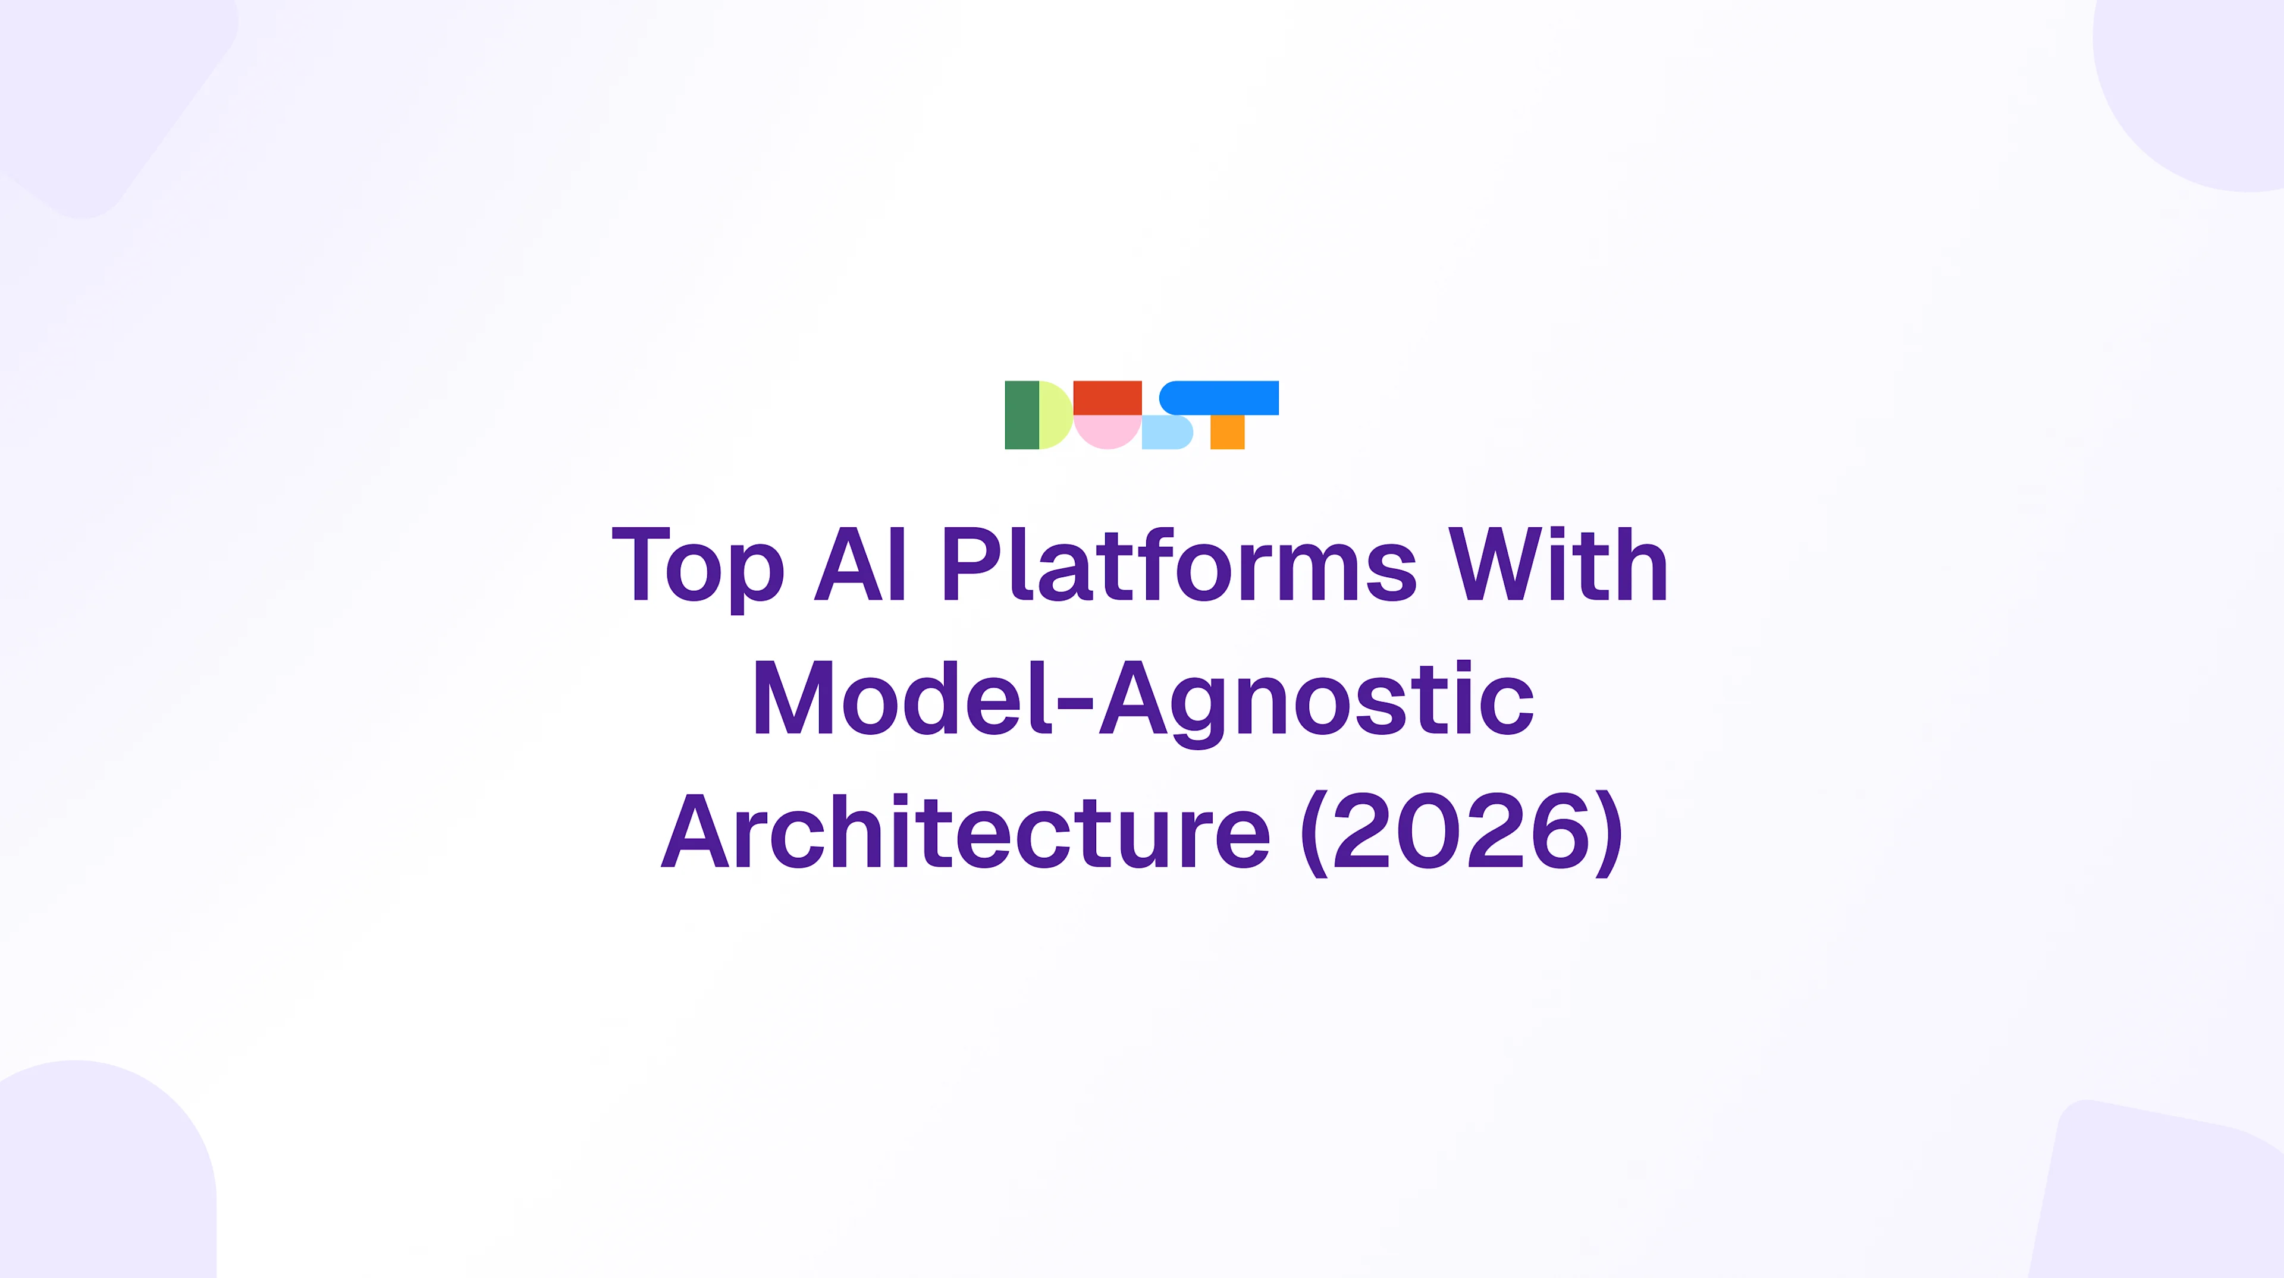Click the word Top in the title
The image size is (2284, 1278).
(x=698, y=565)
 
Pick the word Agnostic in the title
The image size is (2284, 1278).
(x=1317, y=700)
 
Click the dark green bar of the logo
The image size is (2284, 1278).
(x=1021, y=415)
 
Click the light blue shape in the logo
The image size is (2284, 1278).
(x=1166, y=433)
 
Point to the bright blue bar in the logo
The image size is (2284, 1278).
(x=1220, y=398)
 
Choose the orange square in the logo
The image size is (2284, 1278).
(x=1227, y=433)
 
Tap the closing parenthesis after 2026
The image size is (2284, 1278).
(x=1610, y=833)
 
